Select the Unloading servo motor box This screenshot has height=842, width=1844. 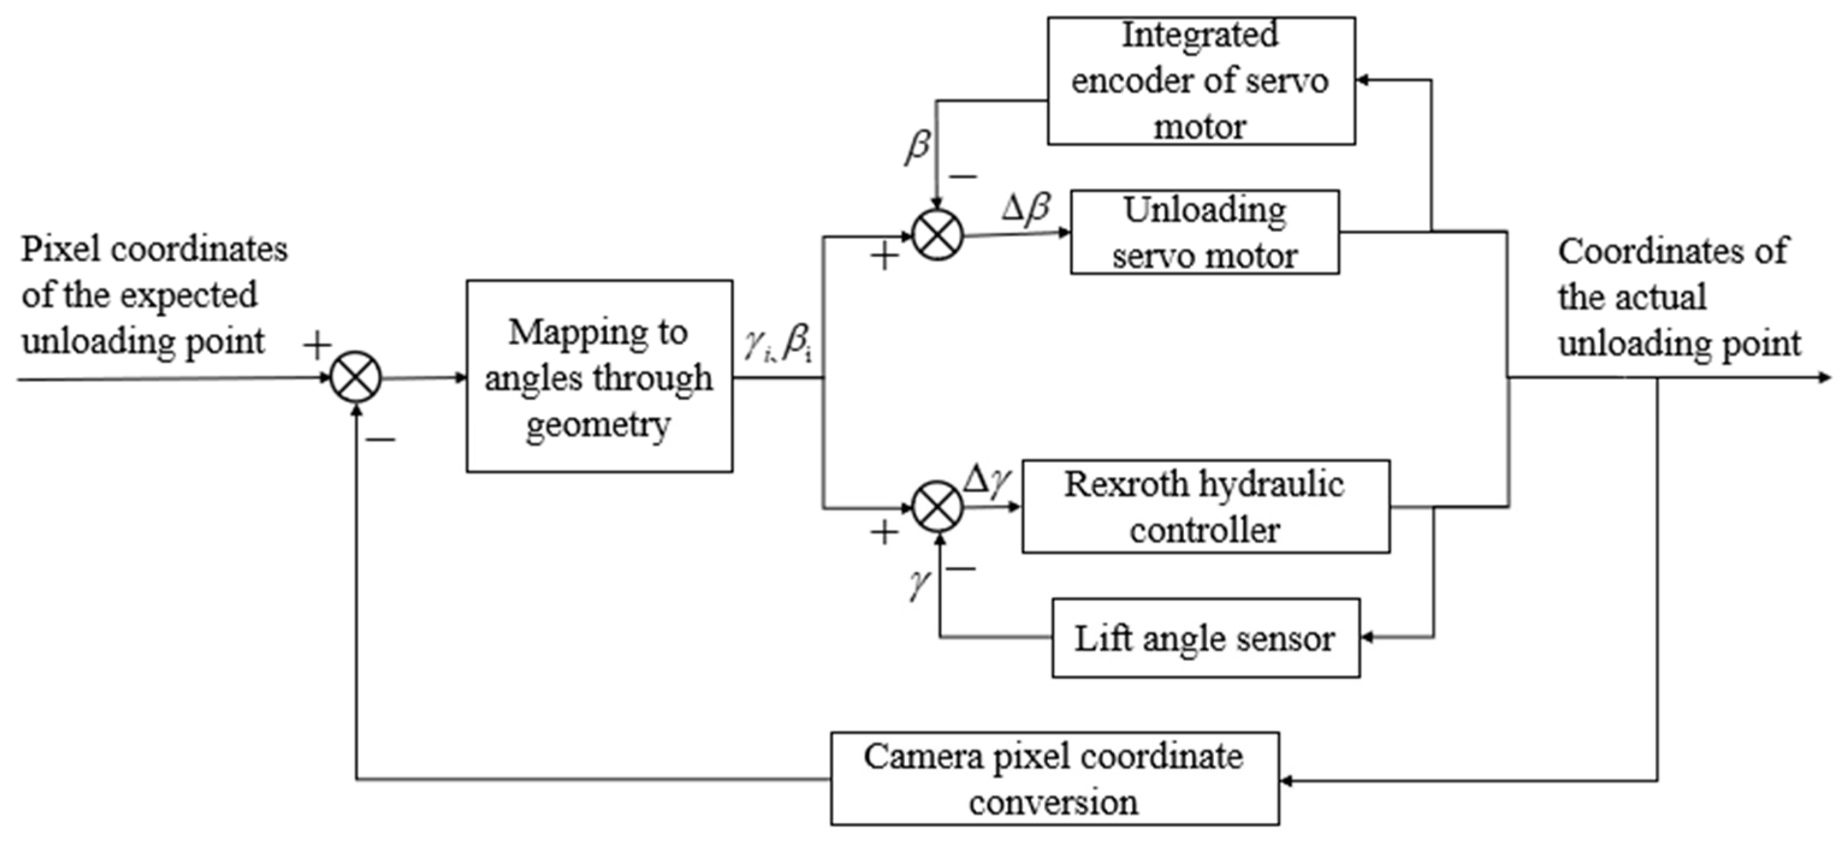(1204, 232)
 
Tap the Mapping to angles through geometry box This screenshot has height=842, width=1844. (599, 376)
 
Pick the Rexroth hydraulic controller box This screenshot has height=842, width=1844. (1205, 507)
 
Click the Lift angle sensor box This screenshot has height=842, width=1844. (1205, 638)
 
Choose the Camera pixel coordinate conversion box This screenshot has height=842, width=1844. (1055, 778)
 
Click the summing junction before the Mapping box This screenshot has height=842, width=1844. (356, 377)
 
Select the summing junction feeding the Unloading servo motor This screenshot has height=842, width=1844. (938, 234)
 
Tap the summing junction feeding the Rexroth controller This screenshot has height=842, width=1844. (938, 507)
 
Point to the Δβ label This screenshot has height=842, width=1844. (1026, 208)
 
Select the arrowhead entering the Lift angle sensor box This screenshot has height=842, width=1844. (1367, 636)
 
